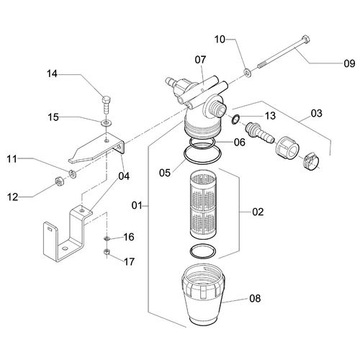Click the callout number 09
pos(349,63)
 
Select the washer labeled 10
pos(248,73)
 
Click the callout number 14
pos(52,73)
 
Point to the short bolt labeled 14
pos(107,105)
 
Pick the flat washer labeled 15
pos(106,123)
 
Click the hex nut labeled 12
pos(59,181)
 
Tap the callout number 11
pos(12,158)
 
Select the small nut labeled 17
pos(107,252)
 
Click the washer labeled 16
pos(107,238)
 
